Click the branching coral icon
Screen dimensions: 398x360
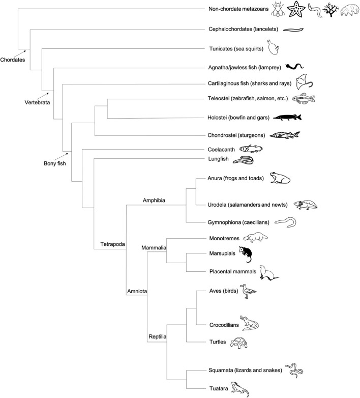[330, 9]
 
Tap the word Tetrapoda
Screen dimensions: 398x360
[110, 244]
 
